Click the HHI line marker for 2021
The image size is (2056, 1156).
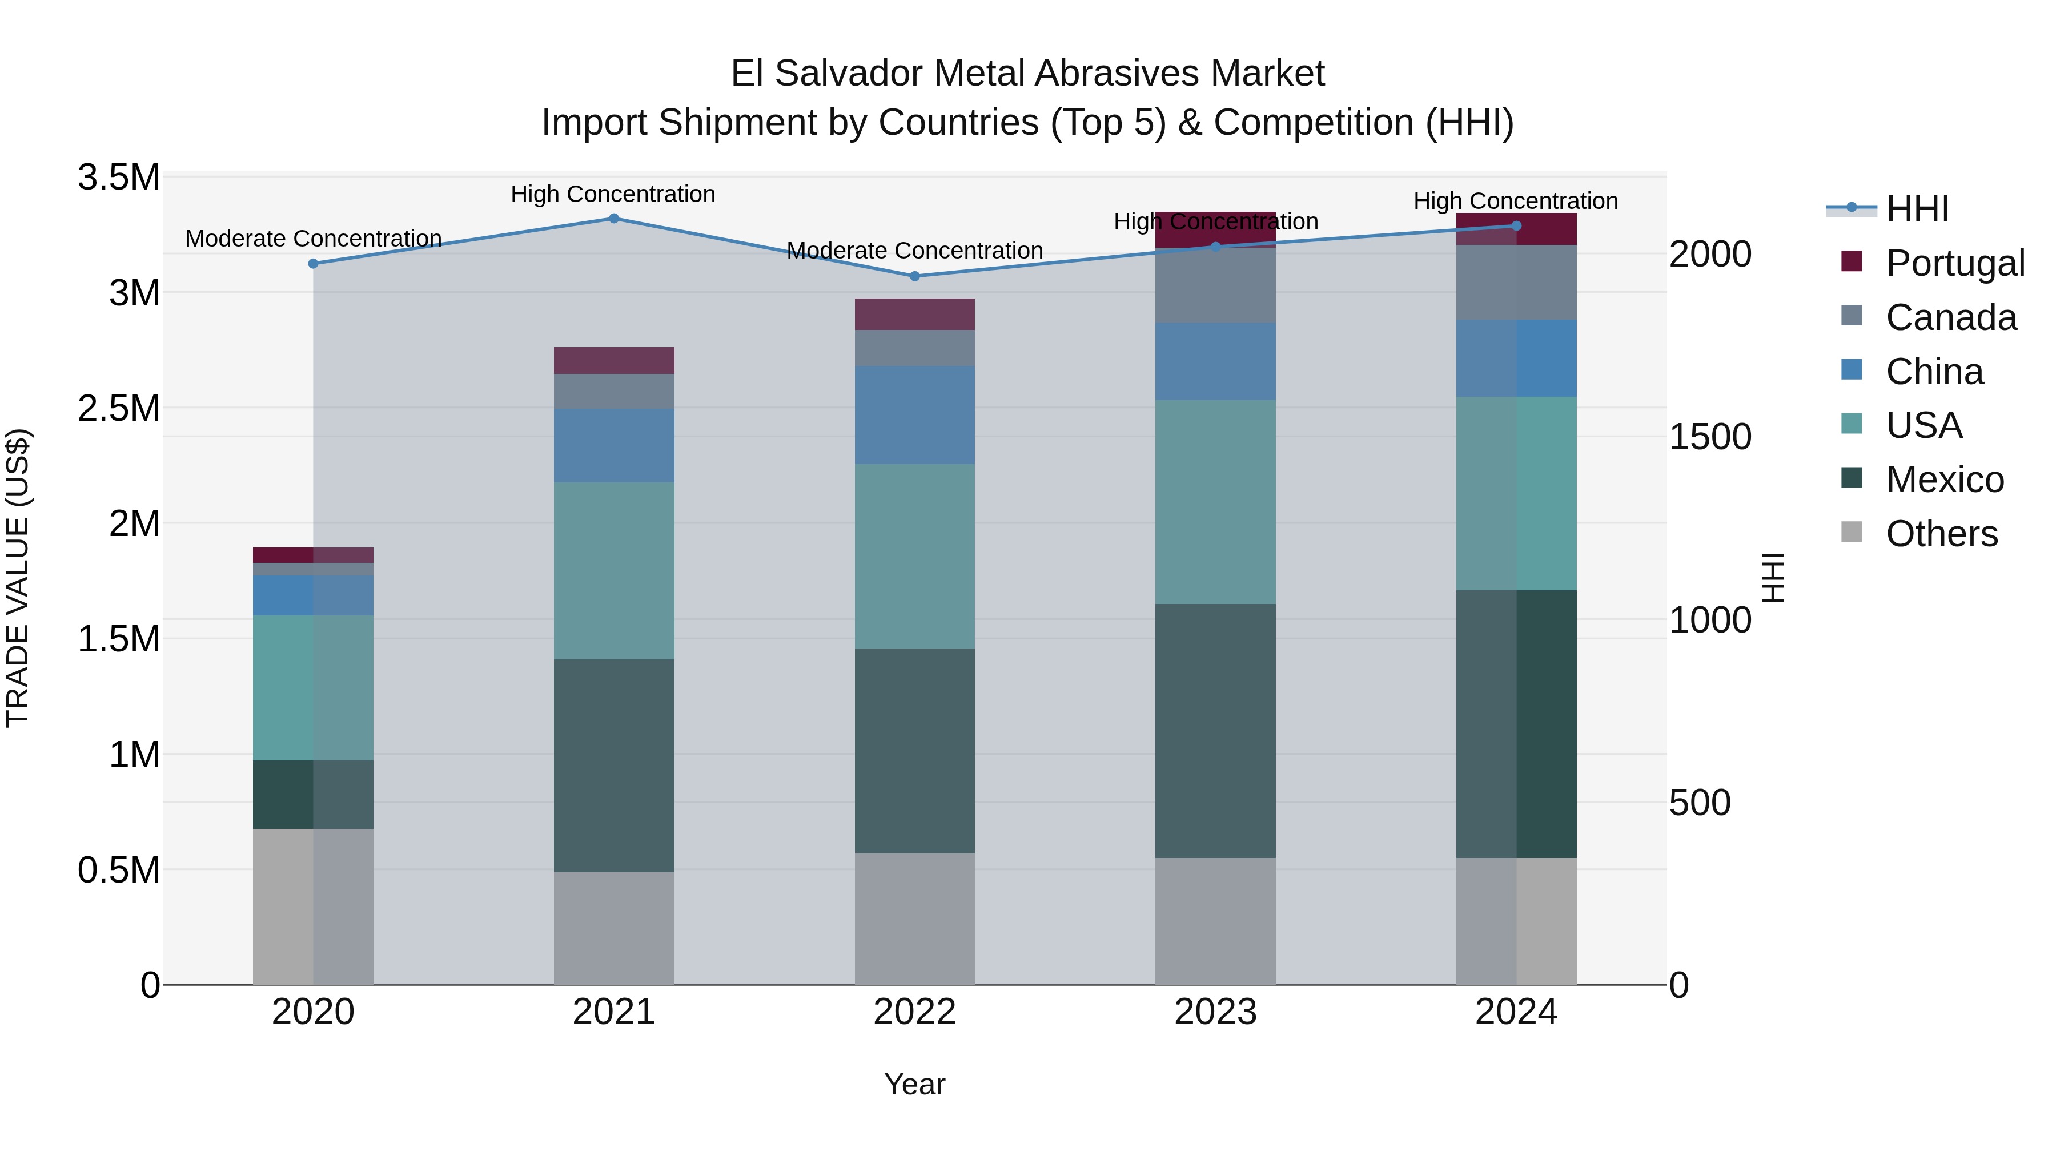point(614,219)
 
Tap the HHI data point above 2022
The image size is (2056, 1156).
point(915,276)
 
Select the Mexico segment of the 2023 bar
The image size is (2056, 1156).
point(1215,730)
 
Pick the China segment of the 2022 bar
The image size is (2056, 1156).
point(915,415)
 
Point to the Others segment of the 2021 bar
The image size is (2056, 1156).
point(614,927)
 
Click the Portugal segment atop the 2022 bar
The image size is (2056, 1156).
point(915,315)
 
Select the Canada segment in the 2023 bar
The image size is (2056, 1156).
point(1215,285)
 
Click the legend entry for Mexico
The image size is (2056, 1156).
point(1944,480)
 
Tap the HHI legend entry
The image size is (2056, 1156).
point(1917,209)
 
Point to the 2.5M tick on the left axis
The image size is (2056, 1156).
point(119,409)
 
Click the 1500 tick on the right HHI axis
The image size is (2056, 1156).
point(1709,437)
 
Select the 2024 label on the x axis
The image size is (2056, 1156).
point(1516,1012)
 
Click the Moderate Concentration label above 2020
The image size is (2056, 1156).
point(313,239)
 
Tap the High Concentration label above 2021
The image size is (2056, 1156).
point(613,194)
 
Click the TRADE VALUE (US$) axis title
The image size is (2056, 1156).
point(18,578)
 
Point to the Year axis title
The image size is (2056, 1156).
point(915,1084)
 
